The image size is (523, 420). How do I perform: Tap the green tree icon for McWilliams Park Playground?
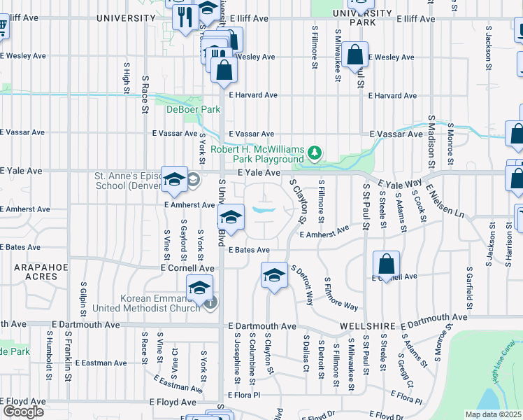315,152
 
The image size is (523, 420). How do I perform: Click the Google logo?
23,412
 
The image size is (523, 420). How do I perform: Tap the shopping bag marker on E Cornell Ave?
386,265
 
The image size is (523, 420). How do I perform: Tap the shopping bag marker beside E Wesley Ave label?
355,55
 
